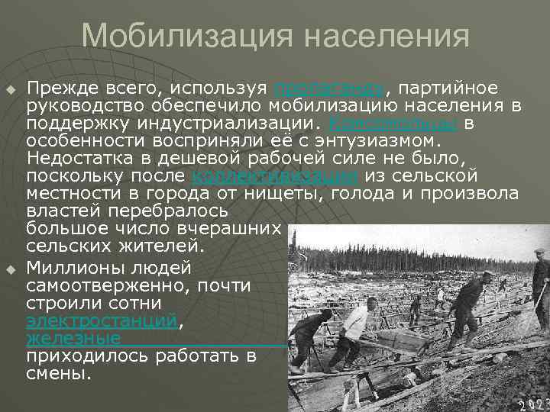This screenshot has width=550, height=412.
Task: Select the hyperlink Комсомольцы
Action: coord(393,124)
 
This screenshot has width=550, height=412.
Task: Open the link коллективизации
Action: coord(275,176)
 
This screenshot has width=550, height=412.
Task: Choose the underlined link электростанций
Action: coord(102,321)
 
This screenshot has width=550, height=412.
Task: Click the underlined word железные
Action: coord(73,338)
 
